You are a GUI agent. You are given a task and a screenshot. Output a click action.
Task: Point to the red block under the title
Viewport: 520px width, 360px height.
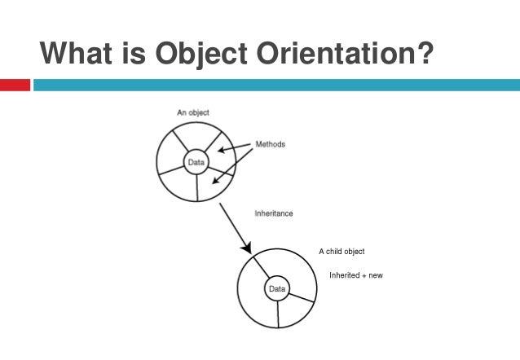[x=15, y=85]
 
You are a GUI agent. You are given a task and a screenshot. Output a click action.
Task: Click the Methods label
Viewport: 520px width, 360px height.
[x=271, y=144]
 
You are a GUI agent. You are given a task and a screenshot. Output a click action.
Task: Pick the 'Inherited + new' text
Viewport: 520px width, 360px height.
[x=355, y=275]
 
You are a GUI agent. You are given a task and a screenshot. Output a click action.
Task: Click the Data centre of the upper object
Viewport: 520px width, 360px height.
[x=196, y=162]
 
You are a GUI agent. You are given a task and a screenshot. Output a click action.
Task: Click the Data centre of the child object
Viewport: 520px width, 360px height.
[x=277, y=289]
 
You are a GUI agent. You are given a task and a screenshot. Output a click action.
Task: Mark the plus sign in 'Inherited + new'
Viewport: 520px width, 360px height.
[x=362, y=275]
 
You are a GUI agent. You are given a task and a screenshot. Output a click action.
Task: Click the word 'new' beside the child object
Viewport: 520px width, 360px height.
[x=375, y=275]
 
